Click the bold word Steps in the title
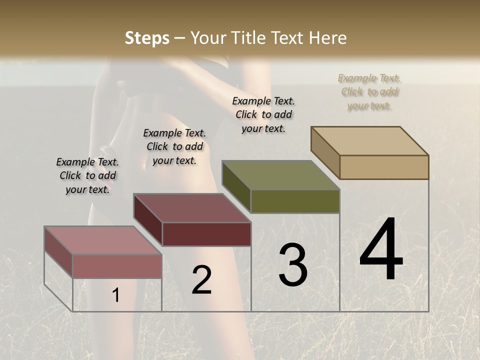pyautogui.click(x=147, y=38)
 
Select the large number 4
pyautogui.click(x=381, y=249)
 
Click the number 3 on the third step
pyautogui.click(x=293, y=265)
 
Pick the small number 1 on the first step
pyautogui.click(x=116, y=295)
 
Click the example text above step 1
pyautogui.click(x=87, y=175)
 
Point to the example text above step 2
pyautogui.click(x=174, y=146)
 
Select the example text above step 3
pyautogui.click(x=263, y=114)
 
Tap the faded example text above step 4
pyautogui.click(x=369, y=91)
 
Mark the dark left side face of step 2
pyautogui.click(x=147, y=220)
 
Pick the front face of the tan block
pyautogui.click(x=384, y=167)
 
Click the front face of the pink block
pyautogui.click(x=117, y=266)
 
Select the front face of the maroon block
pyautogui.click(x=206, y=234)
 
